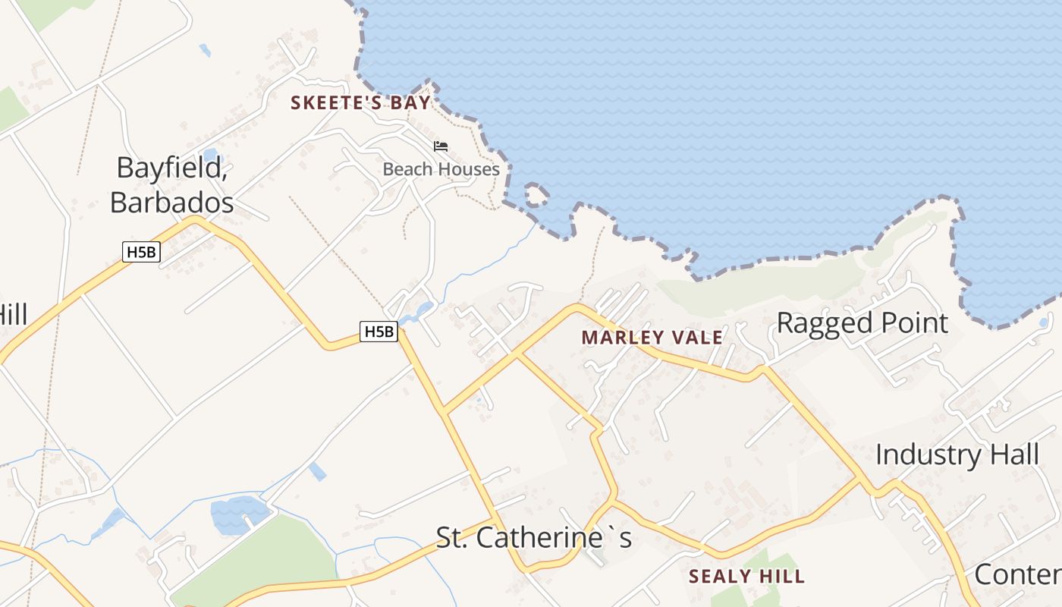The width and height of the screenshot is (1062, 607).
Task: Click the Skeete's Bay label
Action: pos(360,103)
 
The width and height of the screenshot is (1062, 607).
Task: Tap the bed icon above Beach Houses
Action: pos(441,146)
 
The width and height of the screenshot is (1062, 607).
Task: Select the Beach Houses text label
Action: pos(441,169)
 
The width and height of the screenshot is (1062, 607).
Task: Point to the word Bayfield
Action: pos(171,168)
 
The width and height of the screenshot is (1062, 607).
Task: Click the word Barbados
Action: pos(171,203)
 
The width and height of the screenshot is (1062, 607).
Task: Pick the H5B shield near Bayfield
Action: pos(142,252)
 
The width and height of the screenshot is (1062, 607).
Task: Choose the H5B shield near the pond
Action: pos(379,331)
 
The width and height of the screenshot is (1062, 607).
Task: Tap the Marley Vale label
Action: pos(652,338)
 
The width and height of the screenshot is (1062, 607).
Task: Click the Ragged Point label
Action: pos(862,323)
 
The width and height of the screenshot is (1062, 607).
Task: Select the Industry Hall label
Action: pos(957,455)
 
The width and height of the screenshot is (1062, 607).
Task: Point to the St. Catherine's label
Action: pos(533,538)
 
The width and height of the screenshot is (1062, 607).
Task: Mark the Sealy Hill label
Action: pos(746,577)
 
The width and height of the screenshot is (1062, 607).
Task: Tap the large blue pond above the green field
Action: pos(239,514)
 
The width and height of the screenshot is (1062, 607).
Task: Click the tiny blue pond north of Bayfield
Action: pos(209,156)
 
